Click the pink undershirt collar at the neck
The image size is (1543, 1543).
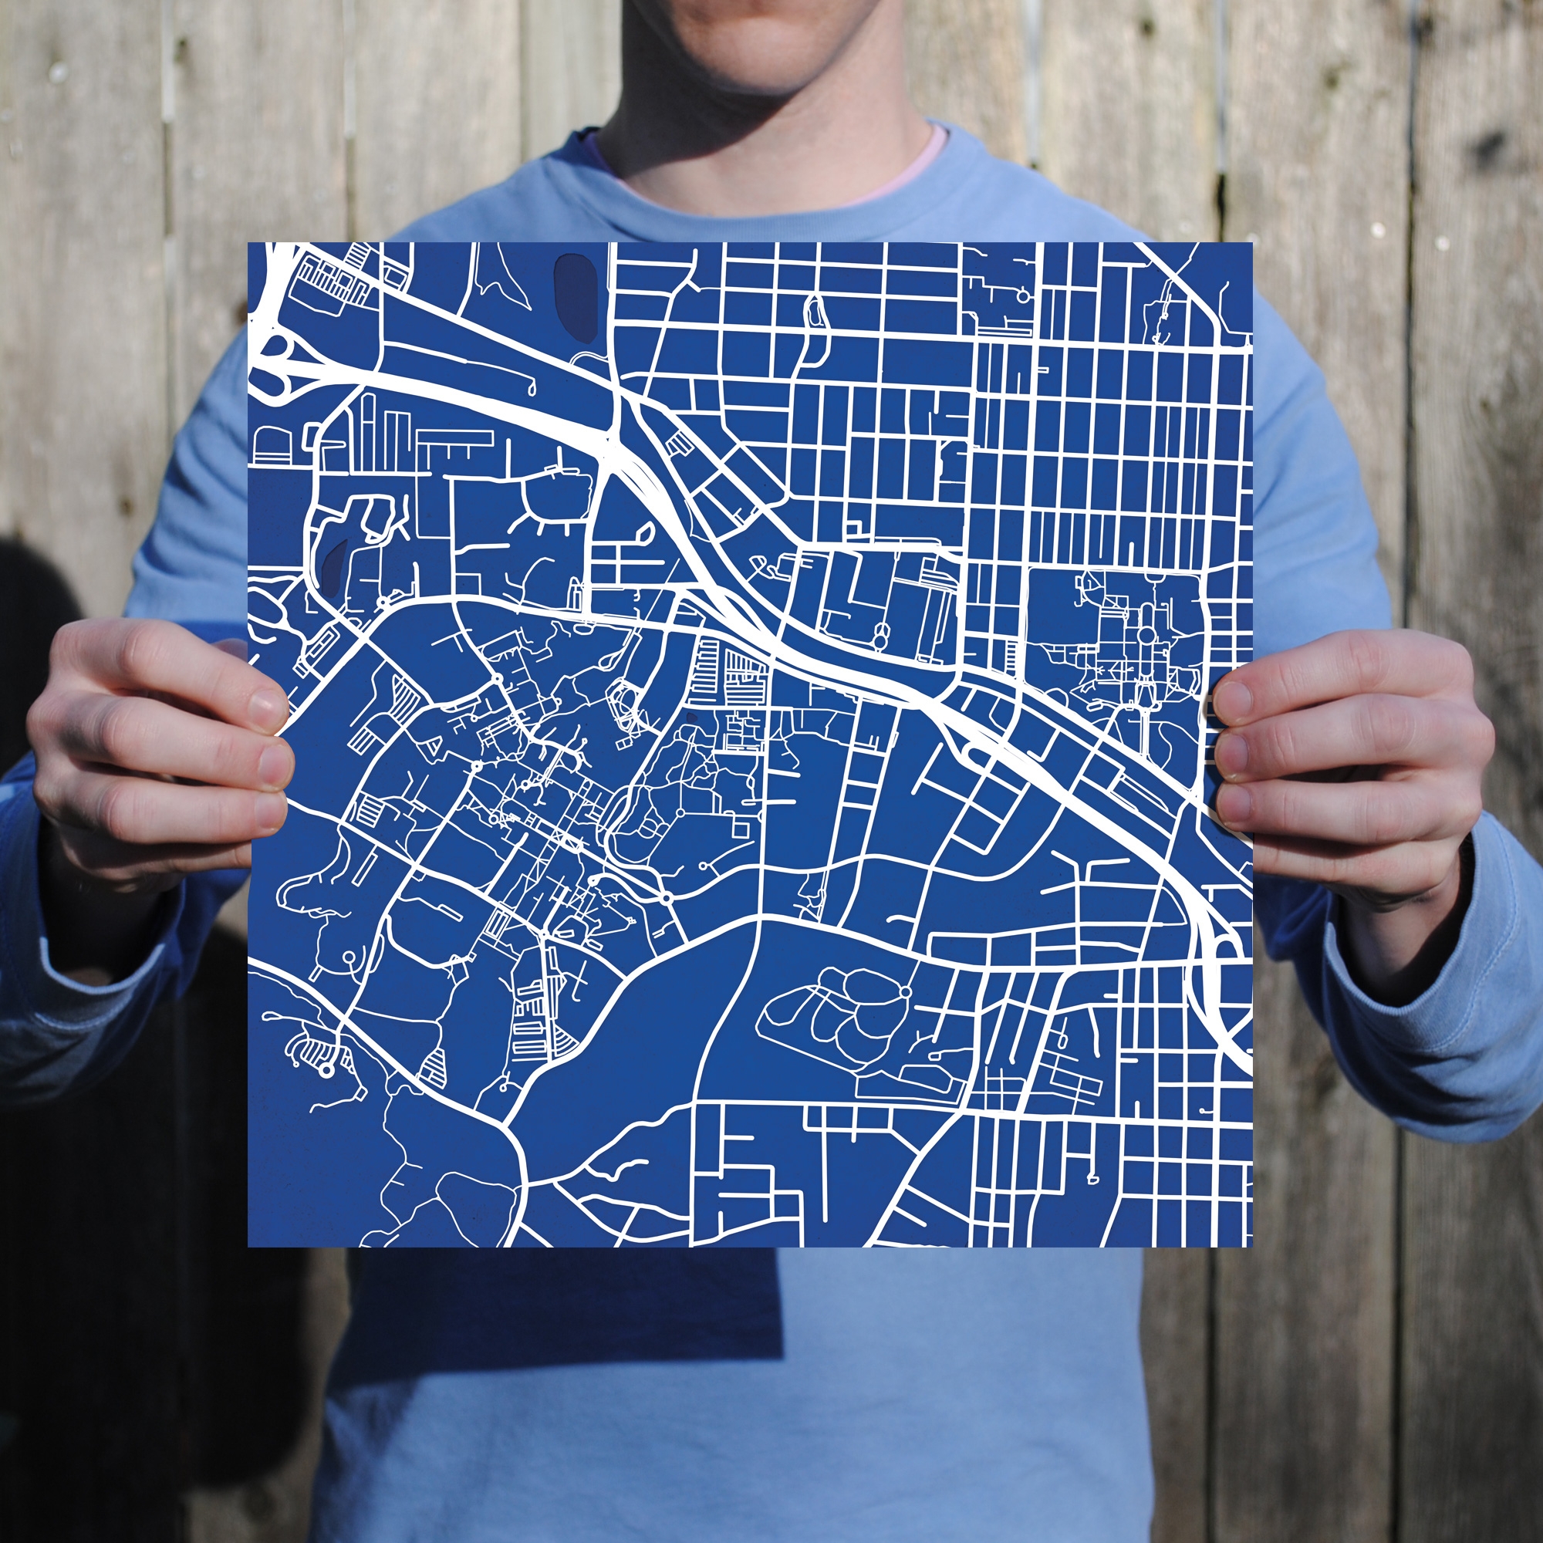[894, 172]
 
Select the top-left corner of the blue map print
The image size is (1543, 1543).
[249, 244]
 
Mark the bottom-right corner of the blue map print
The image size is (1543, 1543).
[1251, 1245]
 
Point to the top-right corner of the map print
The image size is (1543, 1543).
[1251, 244]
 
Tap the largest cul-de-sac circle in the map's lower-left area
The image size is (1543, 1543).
[326, 1070]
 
